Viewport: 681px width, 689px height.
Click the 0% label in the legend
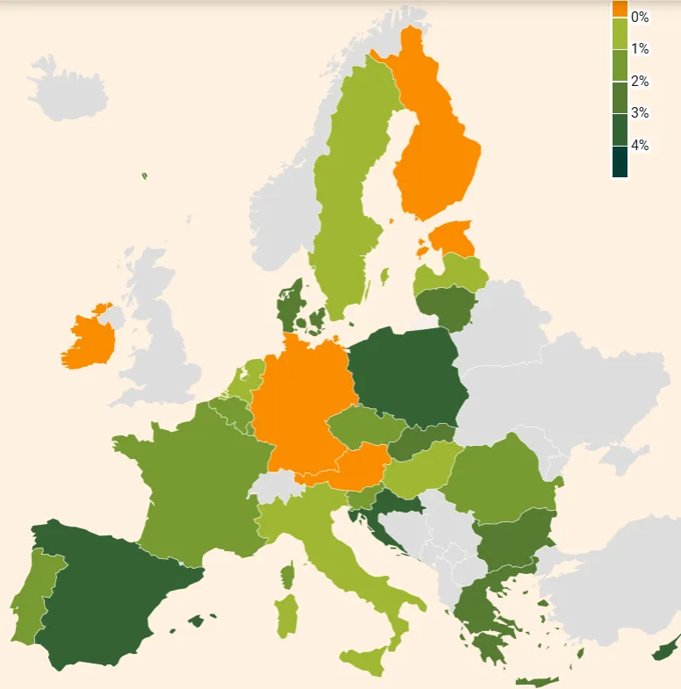tap(640, 18)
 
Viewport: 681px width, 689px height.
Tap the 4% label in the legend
tap(640, 146)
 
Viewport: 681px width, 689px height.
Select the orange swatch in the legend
tap(620, 8)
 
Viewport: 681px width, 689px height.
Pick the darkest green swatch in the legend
tap(620, 161)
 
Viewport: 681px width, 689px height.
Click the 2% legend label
tap(640, 82)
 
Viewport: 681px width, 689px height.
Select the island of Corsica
tap(287, 576)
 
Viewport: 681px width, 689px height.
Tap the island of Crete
tap(536, 681)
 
